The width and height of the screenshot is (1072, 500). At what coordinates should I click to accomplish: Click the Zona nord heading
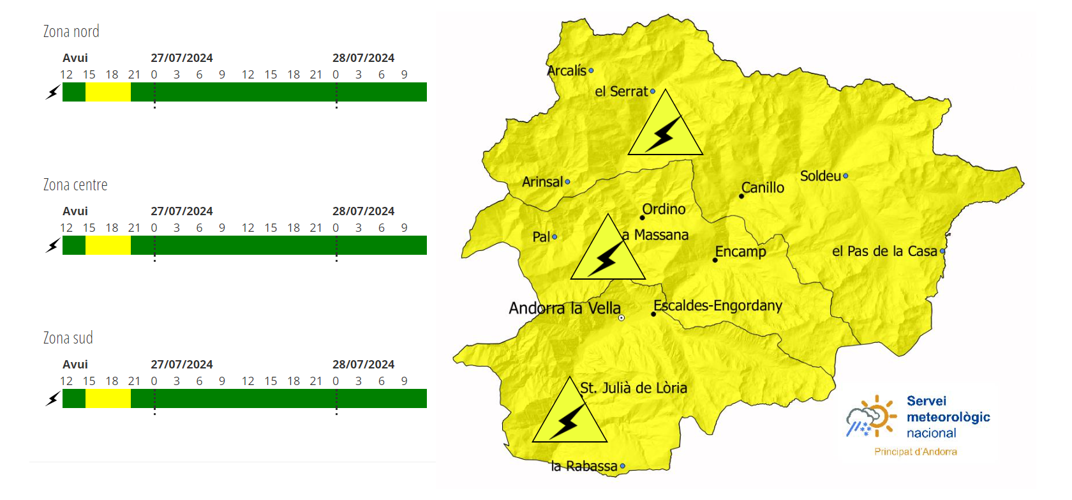(x=71, y=31)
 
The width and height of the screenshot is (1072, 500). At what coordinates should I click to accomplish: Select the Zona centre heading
(x=75, y=185)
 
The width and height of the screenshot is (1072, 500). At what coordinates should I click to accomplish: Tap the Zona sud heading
(x=68, y=338)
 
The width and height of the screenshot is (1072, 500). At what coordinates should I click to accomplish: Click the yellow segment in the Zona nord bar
(x=108, y=92)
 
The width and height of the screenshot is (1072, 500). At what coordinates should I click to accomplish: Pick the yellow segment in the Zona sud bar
(x=108, y=398)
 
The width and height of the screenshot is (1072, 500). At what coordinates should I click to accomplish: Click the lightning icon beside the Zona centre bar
(x=53, y=245)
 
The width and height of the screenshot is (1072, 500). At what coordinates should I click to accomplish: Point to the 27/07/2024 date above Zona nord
(x=182, y=58)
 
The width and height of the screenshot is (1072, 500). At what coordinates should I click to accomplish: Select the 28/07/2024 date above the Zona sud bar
(x=363, y=365)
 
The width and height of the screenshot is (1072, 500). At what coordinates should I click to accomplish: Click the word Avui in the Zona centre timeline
(x=75, y=211)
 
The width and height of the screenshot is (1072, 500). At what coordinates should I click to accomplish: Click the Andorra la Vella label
(x=565, y=308)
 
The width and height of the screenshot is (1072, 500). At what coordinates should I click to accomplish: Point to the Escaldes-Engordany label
(x=718, y=305)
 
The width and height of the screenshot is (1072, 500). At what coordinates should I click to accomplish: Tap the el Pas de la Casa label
(x=884, y=252)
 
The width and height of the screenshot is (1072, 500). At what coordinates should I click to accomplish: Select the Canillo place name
(x=763, y=188)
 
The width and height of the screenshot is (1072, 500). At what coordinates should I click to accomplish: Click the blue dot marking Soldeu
(x=845, y=176)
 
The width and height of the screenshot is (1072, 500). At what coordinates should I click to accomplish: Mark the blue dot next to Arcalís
(x=592, y=71)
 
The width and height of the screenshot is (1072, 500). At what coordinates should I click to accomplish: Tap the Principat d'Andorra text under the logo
(x=916, y=451)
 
